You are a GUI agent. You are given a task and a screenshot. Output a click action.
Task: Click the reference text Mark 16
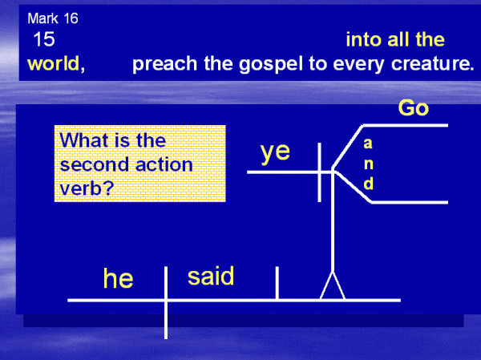[53, 18]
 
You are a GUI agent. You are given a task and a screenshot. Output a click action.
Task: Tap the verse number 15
[44, 39]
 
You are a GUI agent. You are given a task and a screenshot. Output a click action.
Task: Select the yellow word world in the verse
[54, 64]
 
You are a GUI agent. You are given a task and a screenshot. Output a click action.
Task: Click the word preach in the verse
[164, 64]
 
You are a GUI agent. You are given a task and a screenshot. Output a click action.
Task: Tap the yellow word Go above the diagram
[413, 108]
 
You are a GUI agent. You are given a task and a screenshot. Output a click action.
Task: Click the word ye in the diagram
[275, 152]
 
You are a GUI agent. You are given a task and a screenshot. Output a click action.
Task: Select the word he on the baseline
[118, 278]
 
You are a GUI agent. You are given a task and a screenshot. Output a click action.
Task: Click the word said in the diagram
[211, 276]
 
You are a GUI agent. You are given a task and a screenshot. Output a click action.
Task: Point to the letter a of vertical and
[368, 144]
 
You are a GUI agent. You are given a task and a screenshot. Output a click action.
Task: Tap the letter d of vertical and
[369, 184]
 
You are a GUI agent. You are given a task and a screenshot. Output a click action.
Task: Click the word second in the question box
[94, 164]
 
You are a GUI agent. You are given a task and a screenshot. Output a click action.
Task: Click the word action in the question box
[164, 164]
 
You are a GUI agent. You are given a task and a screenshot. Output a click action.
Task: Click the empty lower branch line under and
[410, 202]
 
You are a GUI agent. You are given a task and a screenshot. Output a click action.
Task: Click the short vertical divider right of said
[277, 283]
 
